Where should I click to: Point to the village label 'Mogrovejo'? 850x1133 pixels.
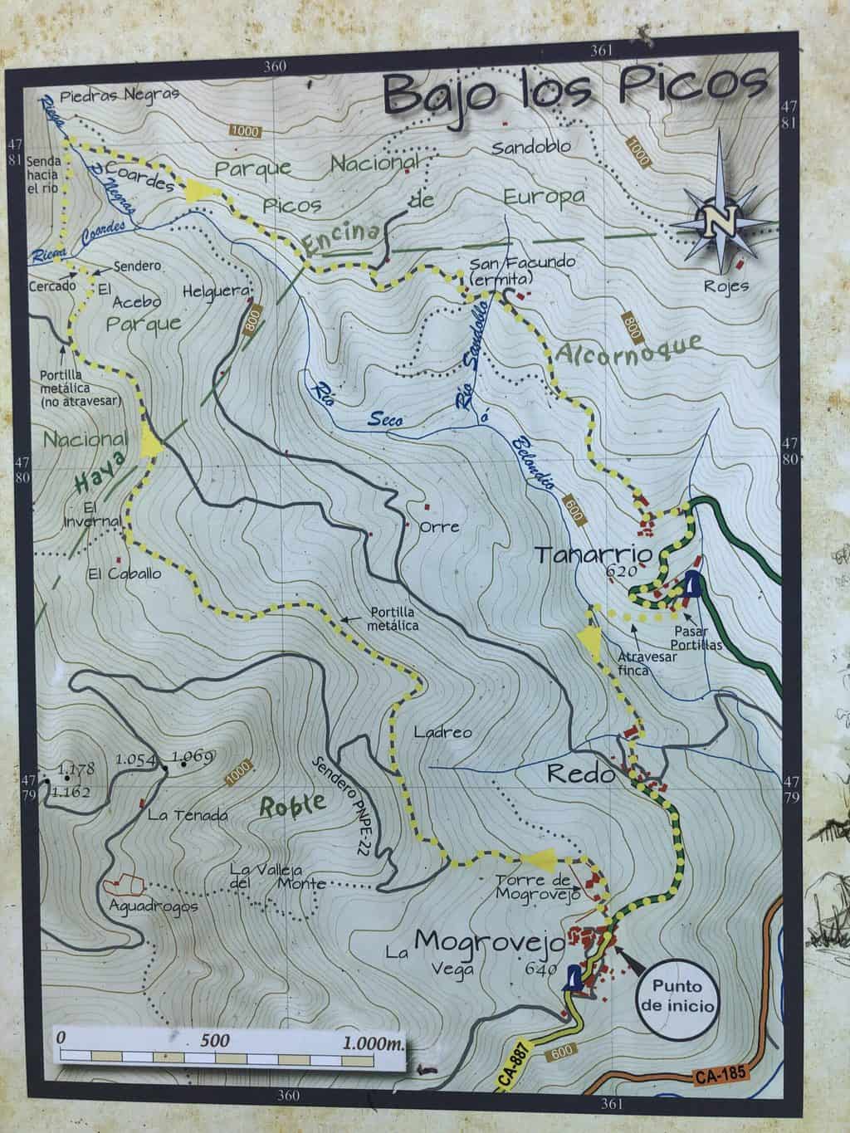(490, 941)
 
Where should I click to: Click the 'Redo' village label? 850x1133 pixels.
(580, 774)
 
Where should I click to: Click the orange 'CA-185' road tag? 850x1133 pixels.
(720, 1075)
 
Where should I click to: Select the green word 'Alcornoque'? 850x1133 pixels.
(630, 349)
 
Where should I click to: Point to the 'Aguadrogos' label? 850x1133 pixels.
(153, 906)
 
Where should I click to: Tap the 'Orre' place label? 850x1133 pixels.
(439, 526)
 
